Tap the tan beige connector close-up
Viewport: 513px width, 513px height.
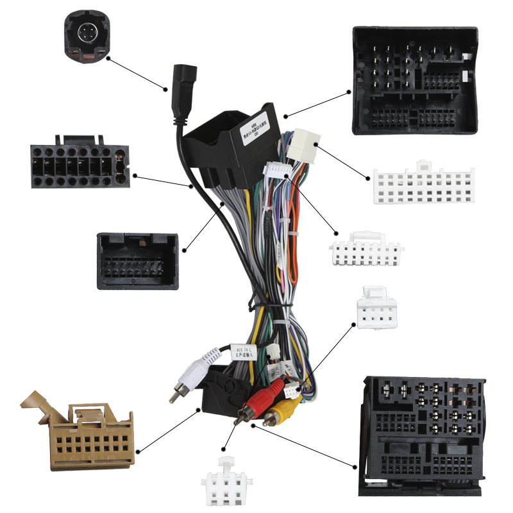[79, 432]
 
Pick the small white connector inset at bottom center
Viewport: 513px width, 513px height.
[226, 482]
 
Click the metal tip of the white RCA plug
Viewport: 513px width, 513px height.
[174, 394]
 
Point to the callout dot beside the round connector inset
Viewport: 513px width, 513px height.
[108, 59]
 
